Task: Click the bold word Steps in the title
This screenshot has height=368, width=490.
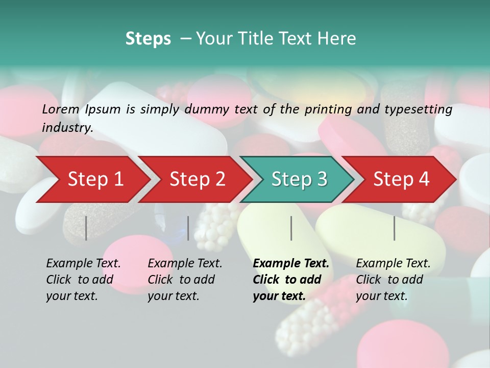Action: point(148,38)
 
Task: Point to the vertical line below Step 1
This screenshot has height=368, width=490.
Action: point(86,228)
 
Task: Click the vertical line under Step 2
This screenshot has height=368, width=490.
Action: point(188,228)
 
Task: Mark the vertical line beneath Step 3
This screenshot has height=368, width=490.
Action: point(291,228)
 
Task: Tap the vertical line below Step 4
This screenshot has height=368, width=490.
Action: point(395,228)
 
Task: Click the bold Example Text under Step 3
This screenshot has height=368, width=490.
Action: point(291,279)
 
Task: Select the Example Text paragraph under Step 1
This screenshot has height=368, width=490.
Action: point(83,279)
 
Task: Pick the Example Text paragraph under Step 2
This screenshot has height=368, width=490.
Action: point(185,279)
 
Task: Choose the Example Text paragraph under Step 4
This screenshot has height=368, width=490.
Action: point(393,279)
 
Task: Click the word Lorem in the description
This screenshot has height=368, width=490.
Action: point(61,109)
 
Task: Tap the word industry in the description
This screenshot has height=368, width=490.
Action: point(67,127)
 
